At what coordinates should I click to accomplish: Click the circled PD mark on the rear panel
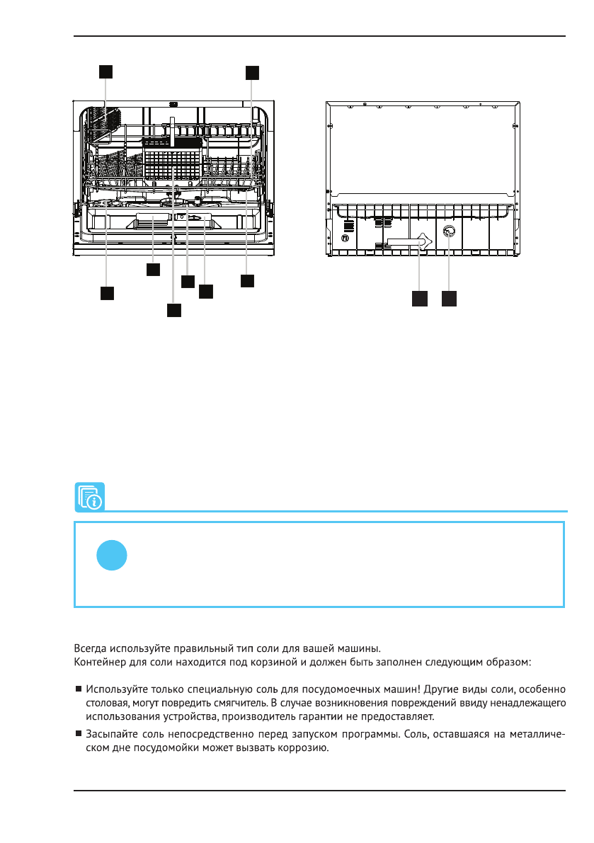[345, 239]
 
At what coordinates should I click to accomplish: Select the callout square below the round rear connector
[449, 299]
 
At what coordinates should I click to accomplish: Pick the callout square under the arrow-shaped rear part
[420, 299]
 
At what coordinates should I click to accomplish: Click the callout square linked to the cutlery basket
[174, 310]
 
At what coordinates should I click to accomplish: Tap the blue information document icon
[89, 497]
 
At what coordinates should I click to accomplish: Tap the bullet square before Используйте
[78, 689]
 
